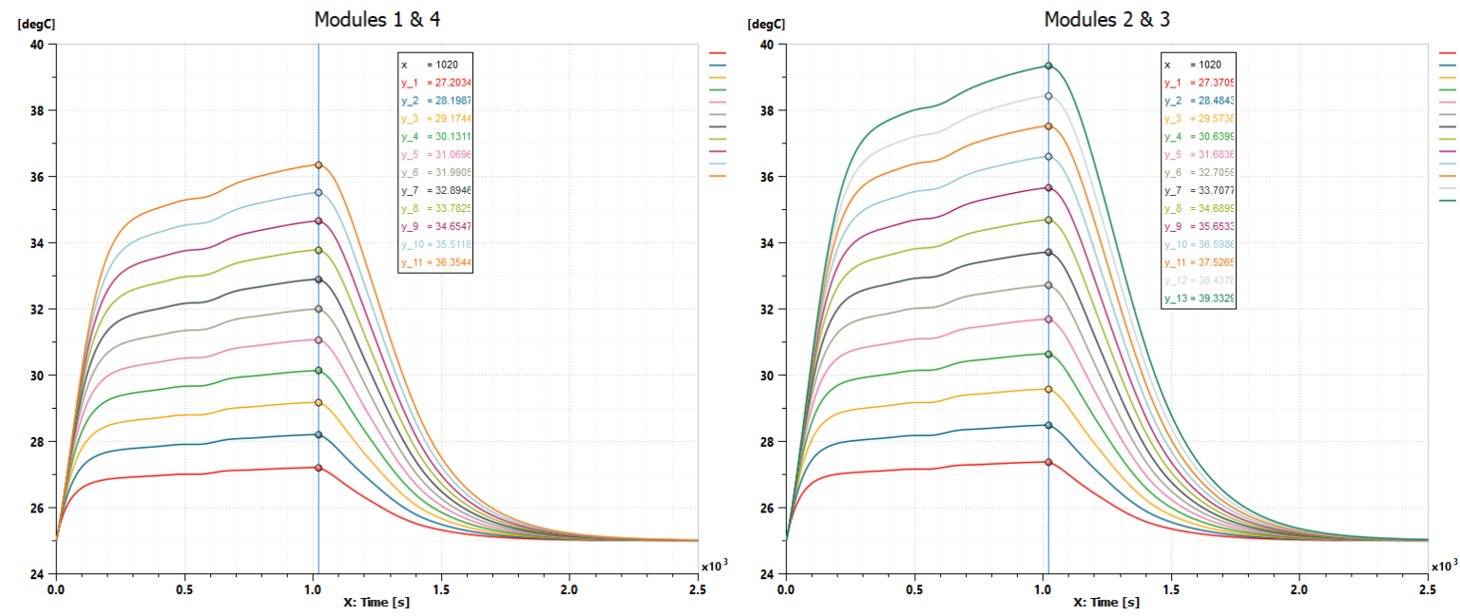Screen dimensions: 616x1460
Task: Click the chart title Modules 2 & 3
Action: coord(1106,20)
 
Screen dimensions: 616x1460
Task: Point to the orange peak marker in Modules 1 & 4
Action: coord(318,164)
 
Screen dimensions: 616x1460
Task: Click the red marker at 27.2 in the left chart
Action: coord(318,468)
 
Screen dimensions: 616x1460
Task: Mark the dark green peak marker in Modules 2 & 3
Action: coord(1048,66)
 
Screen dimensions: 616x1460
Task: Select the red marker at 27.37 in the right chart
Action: coord(1048,462)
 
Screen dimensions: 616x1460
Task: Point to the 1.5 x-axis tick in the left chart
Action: coord(441,589)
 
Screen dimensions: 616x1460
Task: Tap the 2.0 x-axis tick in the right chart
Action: coord(1299,589)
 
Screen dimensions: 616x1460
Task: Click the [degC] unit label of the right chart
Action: coord(765,23)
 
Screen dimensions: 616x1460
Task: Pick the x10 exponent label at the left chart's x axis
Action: coord(713,566)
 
